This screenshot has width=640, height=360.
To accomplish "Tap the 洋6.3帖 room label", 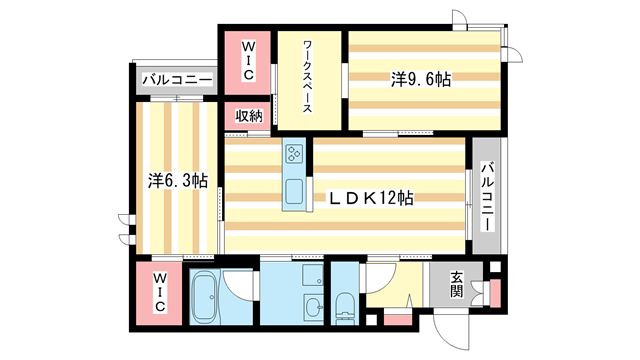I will tap(179, 181).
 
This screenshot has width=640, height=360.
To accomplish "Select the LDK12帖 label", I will tap(373, 199).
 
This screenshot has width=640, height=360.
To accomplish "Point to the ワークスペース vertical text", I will tap(311, 79).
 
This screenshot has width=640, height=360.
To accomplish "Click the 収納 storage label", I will tap(249, 117).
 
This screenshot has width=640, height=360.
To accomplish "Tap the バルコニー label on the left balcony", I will tap(176, 79).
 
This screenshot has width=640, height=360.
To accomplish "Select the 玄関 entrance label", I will tap(456, 284).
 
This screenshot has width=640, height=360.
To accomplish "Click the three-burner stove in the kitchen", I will tap(295, 154).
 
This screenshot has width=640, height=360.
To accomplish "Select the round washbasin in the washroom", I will tap(312, 306).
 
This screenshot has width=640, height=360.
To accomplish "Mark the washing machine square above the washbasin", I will tap(311, 276).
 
